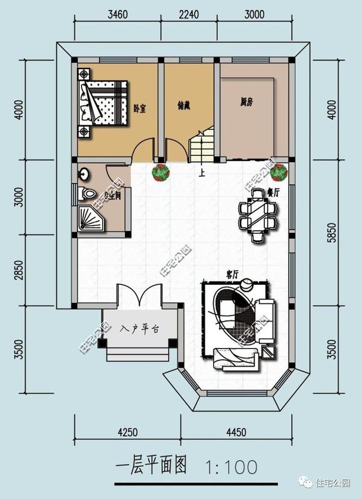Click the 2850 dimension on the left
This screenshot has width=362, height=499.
[x=19, y=270]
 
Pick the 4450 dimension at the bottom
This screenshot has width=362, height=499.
[x=236, y=433]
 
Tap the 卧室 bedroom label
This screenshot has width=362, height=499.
[x=140, y=107]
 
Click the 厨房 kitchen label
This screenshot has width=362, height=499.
[x=246, y=102]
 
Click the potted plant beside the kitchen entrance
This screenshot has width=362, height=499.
[x=278, y=172]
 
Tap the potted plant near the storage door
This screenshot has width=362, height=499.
[x=161, y=172]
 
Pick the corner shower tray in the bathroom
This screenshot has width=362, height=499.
[x=90, y=219]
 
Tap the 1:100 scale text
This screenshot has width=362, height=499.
[x=231, y=467]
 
